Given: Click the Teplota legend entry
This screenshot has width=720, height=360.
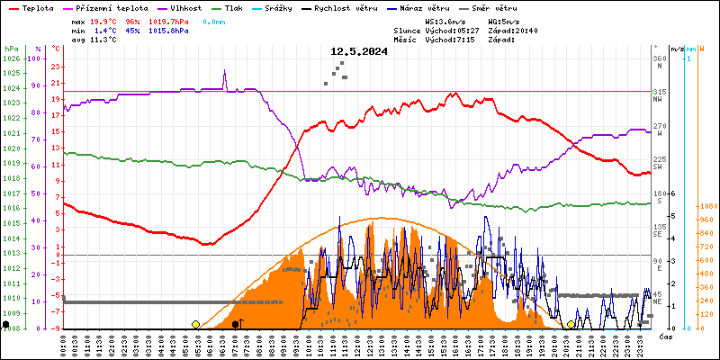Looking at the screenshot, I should [36, 7].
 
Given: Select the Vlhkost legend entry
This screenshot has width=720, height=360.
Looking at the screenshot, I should [185, 7].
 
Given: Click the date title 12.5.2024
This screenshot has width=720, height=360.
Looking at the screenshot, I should [359, 52].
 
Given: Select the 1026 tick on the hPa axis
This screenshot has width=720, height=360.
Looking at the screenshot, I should [11, 59].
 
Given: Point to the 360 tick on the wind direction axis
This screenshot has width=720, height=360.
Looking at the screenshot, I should [659, 59].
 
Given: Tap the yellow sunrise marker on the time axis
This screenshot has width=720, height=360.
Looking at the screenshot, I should [195, 324].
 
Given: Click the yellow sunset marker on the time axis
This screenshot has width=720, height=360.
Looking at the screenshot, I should [571, 324].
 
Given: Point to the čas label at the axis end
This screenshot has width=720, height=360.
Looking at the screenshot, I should [666, 337].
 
